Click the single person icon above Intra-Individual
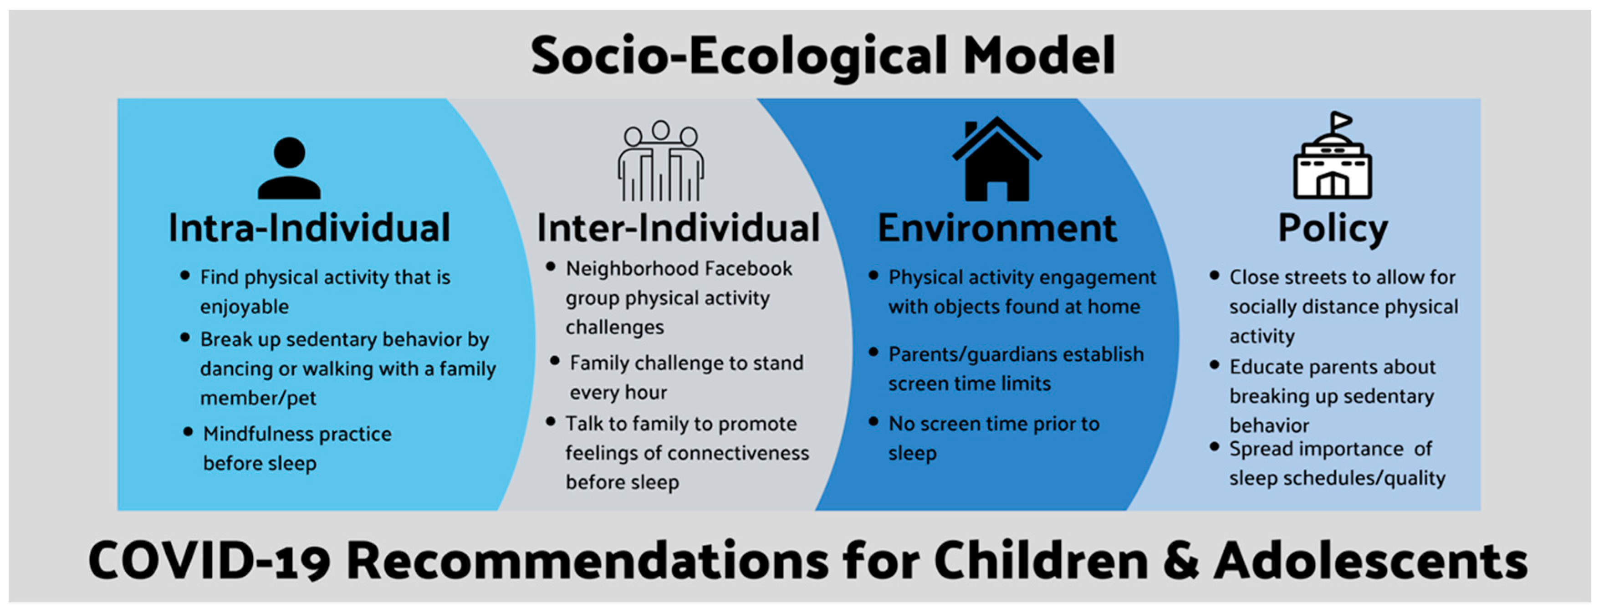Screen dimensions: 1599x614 [x=289, y=168]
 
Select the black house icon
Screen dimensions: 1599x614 [x=997, y=159]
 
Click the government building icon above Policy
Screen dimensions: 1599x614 [x=1333, y=155]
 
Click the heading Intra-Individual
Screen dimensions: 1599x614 [x=309, y=228]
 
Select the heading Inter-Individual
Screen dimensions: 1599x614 [x=678, y=228]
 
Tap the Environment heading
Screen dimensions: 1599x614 [x=997, y=228]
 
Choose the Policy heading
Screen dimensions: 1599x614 [x=1333, y=229]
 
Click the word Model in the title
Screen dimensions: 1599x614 [x=1038, y=55]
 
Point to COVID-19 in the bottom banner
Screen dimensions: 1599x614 [x=208, y=561]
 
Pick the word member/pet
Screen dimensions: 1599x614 [x=258, y=399]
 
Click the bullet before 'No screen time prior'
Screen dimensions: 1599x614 [x=874, y=422]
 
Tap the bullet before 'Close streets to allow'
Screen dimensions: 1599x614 [x=1215, y=275]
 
